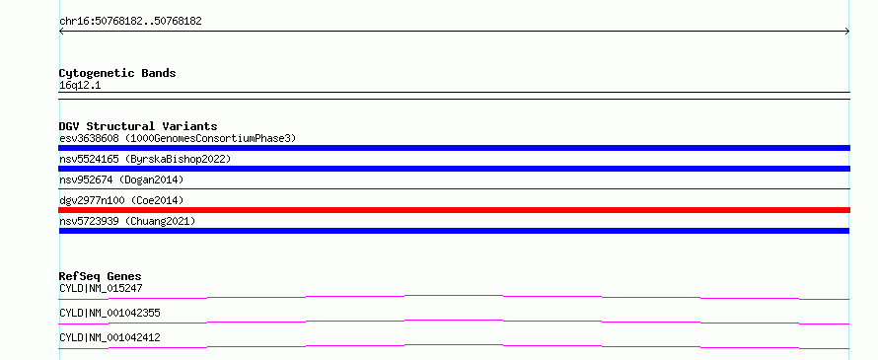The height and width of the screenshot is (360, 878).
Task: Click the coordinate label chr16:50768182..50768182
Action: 130,22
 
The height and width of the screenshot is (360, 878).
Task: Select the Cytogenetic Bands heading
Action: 117,73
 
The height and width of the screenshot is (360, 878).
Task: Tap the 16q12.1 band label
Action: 80,86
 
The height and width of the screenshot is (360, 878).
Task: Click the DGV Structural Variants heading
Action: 138,126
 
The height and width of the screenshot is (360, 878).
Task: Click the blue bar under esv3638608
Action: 454,148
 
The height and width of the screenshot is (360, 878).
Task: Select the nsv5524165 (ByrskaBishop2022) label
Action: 145,159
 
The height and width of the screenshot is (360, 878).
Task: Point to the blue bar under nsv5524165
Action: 454,169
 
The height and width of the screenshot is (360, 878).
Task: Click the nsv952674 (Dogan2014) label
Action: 121,180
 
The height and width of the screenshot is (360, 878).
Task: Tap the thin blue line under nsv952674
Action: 454,188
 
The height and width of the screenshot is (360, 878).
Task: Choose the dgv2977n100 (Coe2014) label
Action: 121,200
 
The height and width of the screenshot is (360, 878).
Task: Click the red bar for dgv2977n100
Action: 454,210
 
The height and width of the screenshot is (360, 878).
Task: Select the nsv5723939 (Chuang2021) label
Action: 127,221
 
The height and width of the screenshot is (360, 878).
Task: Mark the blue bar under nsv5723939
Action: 454,231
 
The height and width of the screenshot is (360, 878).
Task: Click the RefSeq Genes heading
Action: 101,276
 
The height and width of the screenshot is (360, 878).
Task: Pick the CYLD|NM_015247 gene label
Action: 101,288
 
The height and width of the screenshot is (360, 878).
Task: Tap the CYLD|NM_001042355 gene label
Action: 110,313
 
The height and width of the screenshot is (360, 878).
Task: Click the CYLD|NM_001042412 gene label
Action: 110,337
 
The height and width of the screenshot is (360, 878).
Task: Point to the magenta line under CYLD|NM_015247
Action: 454,296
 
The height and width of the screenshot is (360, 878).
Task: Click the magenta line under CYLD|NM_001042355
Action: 454,321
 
